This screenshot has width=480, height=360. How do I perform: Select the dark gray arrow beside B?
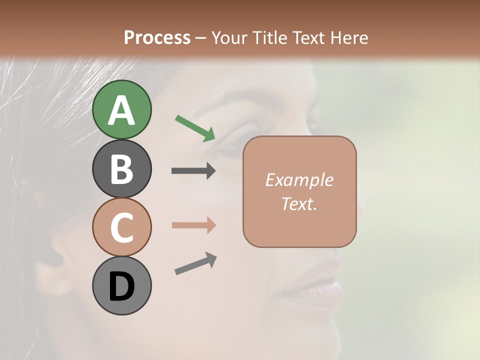[193, 171]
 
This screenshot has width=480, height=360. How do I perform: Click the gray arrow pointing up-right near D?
[195, 263]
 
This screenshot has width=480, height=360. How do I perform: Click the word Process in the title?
[157, 37]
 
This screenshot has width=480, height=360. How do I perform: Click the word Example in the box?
[299, 180]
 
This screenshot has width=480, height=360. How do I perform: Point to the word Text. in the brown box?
[299, 203]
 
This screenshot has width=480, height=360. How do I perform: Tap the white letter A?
[121, 111]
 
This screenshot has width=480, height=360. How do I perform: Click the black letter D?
[121, 287]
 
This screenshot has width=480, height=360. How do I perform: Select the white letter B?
[121, 169]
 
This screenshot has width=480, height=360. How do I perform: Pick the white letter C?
[121, 228]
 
